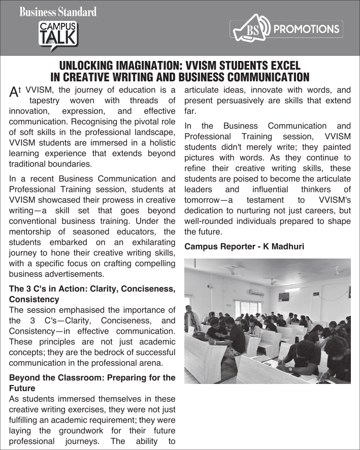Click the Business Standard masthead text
58,11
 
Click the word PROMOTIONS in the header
306,29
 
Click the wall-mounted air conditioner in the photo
256,293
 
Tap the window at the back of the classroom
249,307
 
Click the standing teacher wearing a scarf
191,320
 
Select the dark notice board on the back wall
283,296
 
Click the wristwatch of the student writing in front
290,368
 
